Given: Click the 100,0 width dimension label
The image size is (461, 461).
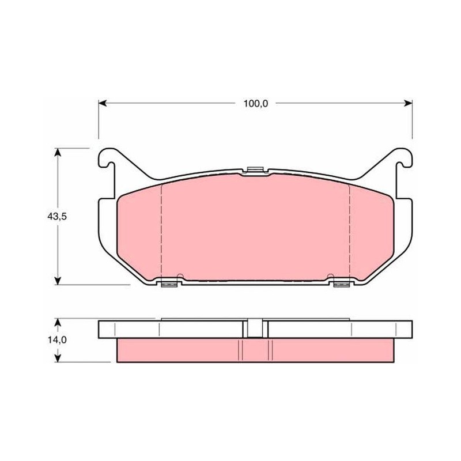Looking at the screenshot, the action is (x=255, y=104).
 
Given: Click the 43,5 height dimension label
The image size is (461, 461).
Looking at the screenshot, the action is (x=57, y=217).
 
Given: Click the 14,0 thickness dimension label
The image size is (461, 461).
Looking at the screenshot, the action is (x=57, y=340).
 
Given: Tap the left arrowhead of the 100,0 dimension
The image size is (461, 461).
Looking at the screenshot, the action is (x=103, y=103).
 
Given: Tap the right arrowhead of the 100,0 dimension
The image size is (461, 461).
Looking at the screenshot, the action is (x=409, y=103).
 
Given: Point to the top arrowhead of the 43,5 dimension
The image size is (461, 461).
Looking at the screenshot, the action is (x=58, y=152).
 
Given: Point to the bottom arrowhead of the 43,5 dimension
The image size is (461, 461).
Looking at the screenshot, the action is (x=58, y=281).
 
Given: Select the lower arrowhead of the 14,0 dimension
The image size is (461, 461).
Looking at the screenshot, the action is (x=58, y=358).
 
